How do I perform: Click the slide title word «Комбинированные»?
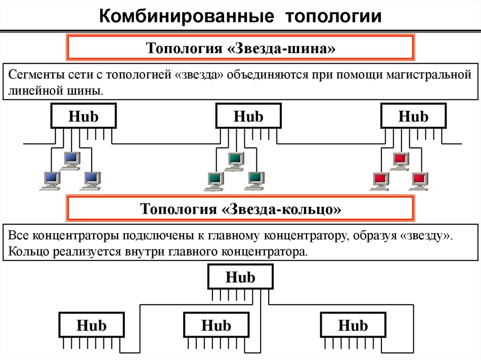click(x=186, y=17)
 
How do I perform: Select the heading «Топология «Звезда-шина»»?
click(x=241, y=48)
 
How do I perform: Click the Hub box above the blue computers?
click(x=84, y=116)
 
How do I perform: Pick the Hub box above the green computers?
click(x=248, y=116)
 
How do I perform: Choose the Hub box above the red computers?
click(x=413, y=116)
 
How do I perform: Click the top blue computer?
click(x=71, y=160)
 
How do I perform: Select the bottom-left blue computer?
click(x=51, y=180)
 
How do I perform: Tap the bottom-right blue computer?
click(x=92, y=180)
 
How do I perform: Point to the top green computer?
click(x=234, y=160)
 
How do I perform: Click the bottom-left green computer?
click(x=214, y=180)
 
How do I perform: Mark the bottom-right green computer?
click(x=256, y=180)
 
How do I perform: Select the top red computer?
click(x=400, y=160)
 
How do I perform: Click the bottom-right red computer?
click(x=419, y=180)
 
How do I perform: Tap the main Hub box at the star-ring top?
click(x=240, y=277)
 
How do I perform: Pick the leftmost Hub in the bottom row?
click(x=92, y=325)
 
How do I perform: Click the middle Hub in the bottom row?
click(x=216, y=325)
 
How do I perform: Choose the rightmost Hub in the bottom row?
click(x=353, y=325)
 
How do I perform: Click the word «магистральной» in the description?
click(x=425, y=75)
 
